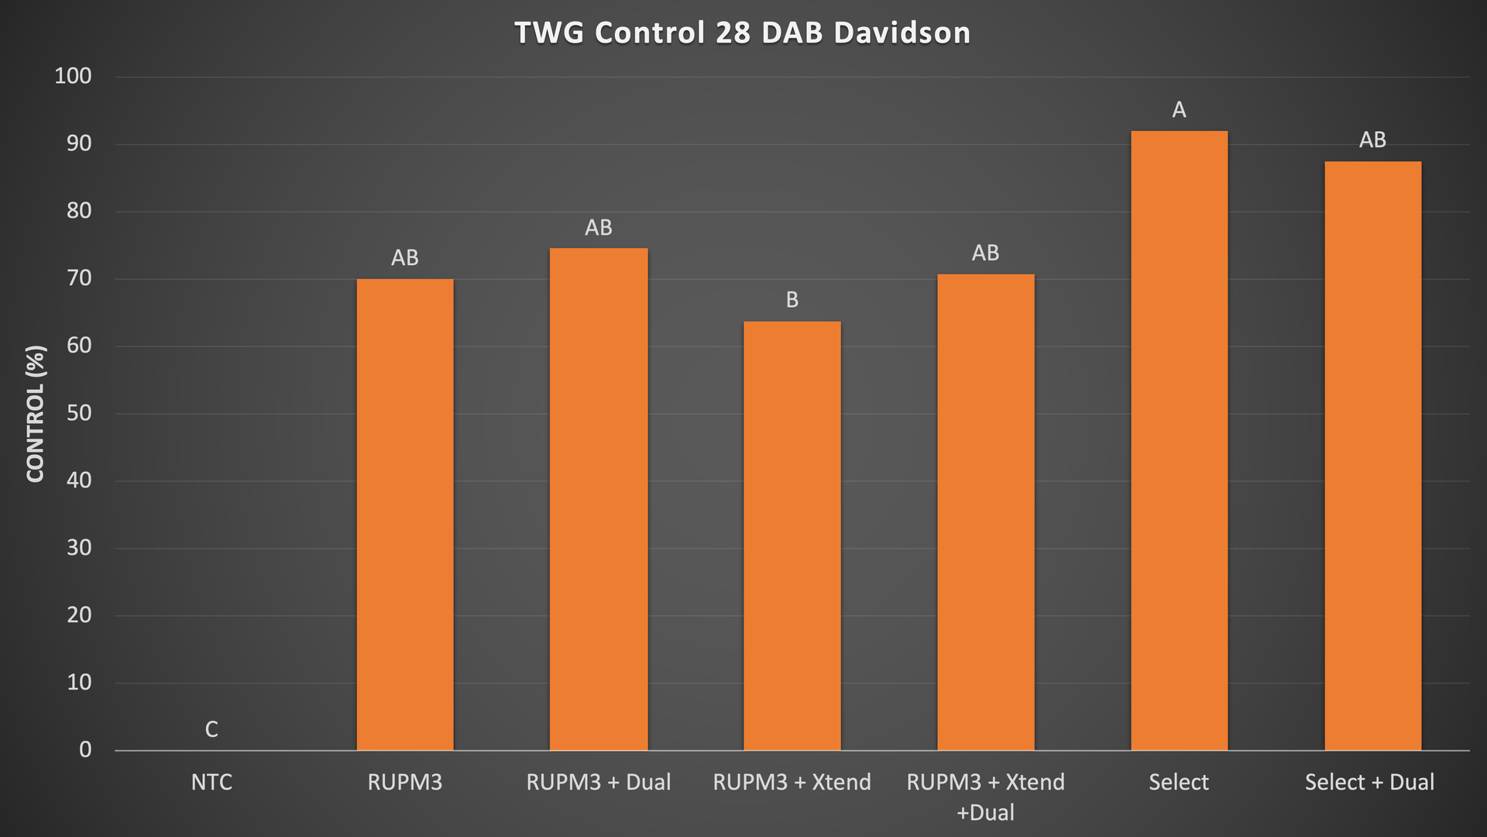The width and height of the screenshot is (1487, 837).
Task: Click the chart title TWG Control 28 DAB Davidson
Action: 742,33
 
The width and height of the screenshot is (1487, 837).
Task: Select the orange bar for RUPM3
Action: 405,515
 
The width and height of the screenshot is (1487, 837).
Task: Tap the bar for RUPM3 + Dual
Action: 599,499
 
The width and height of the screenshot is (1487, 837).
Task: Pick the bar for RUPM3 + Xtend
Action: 792,536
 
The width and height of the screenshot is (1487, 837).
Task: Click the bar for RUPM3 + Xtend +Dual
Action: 986,512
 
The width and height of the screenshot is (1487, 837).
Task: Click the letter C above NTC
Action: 211,729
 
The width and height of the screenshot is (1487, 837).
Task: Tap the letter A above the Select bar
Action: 1179,110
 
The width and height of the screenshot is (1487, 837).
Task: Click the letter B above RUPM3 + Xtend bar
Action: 792,300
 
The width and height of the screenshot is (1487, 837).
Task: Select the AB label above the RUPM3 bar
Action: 405,258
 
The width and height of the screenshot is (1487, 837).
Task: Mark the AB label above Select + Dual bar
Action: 1372,140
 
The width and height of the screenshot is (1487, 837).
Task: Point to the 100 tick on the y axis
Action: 73,76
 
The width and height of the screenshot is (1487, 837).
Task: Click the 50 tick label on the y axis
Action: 79,413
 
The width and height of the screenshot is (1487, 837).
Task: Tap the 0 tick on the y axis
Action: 85,749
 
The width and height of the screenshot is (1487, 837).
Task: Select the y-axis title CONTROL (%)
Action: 36,413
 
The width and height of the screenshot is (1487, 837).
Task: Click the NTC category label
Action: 211,782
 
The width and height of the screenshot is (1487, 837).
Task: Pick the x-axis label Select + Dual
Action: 1369,782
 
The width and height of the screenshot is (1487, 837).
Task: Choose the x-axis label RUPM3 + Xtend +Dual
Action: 986,797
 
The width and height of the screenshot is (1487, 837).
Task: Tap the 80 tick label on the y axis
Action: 79,211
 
